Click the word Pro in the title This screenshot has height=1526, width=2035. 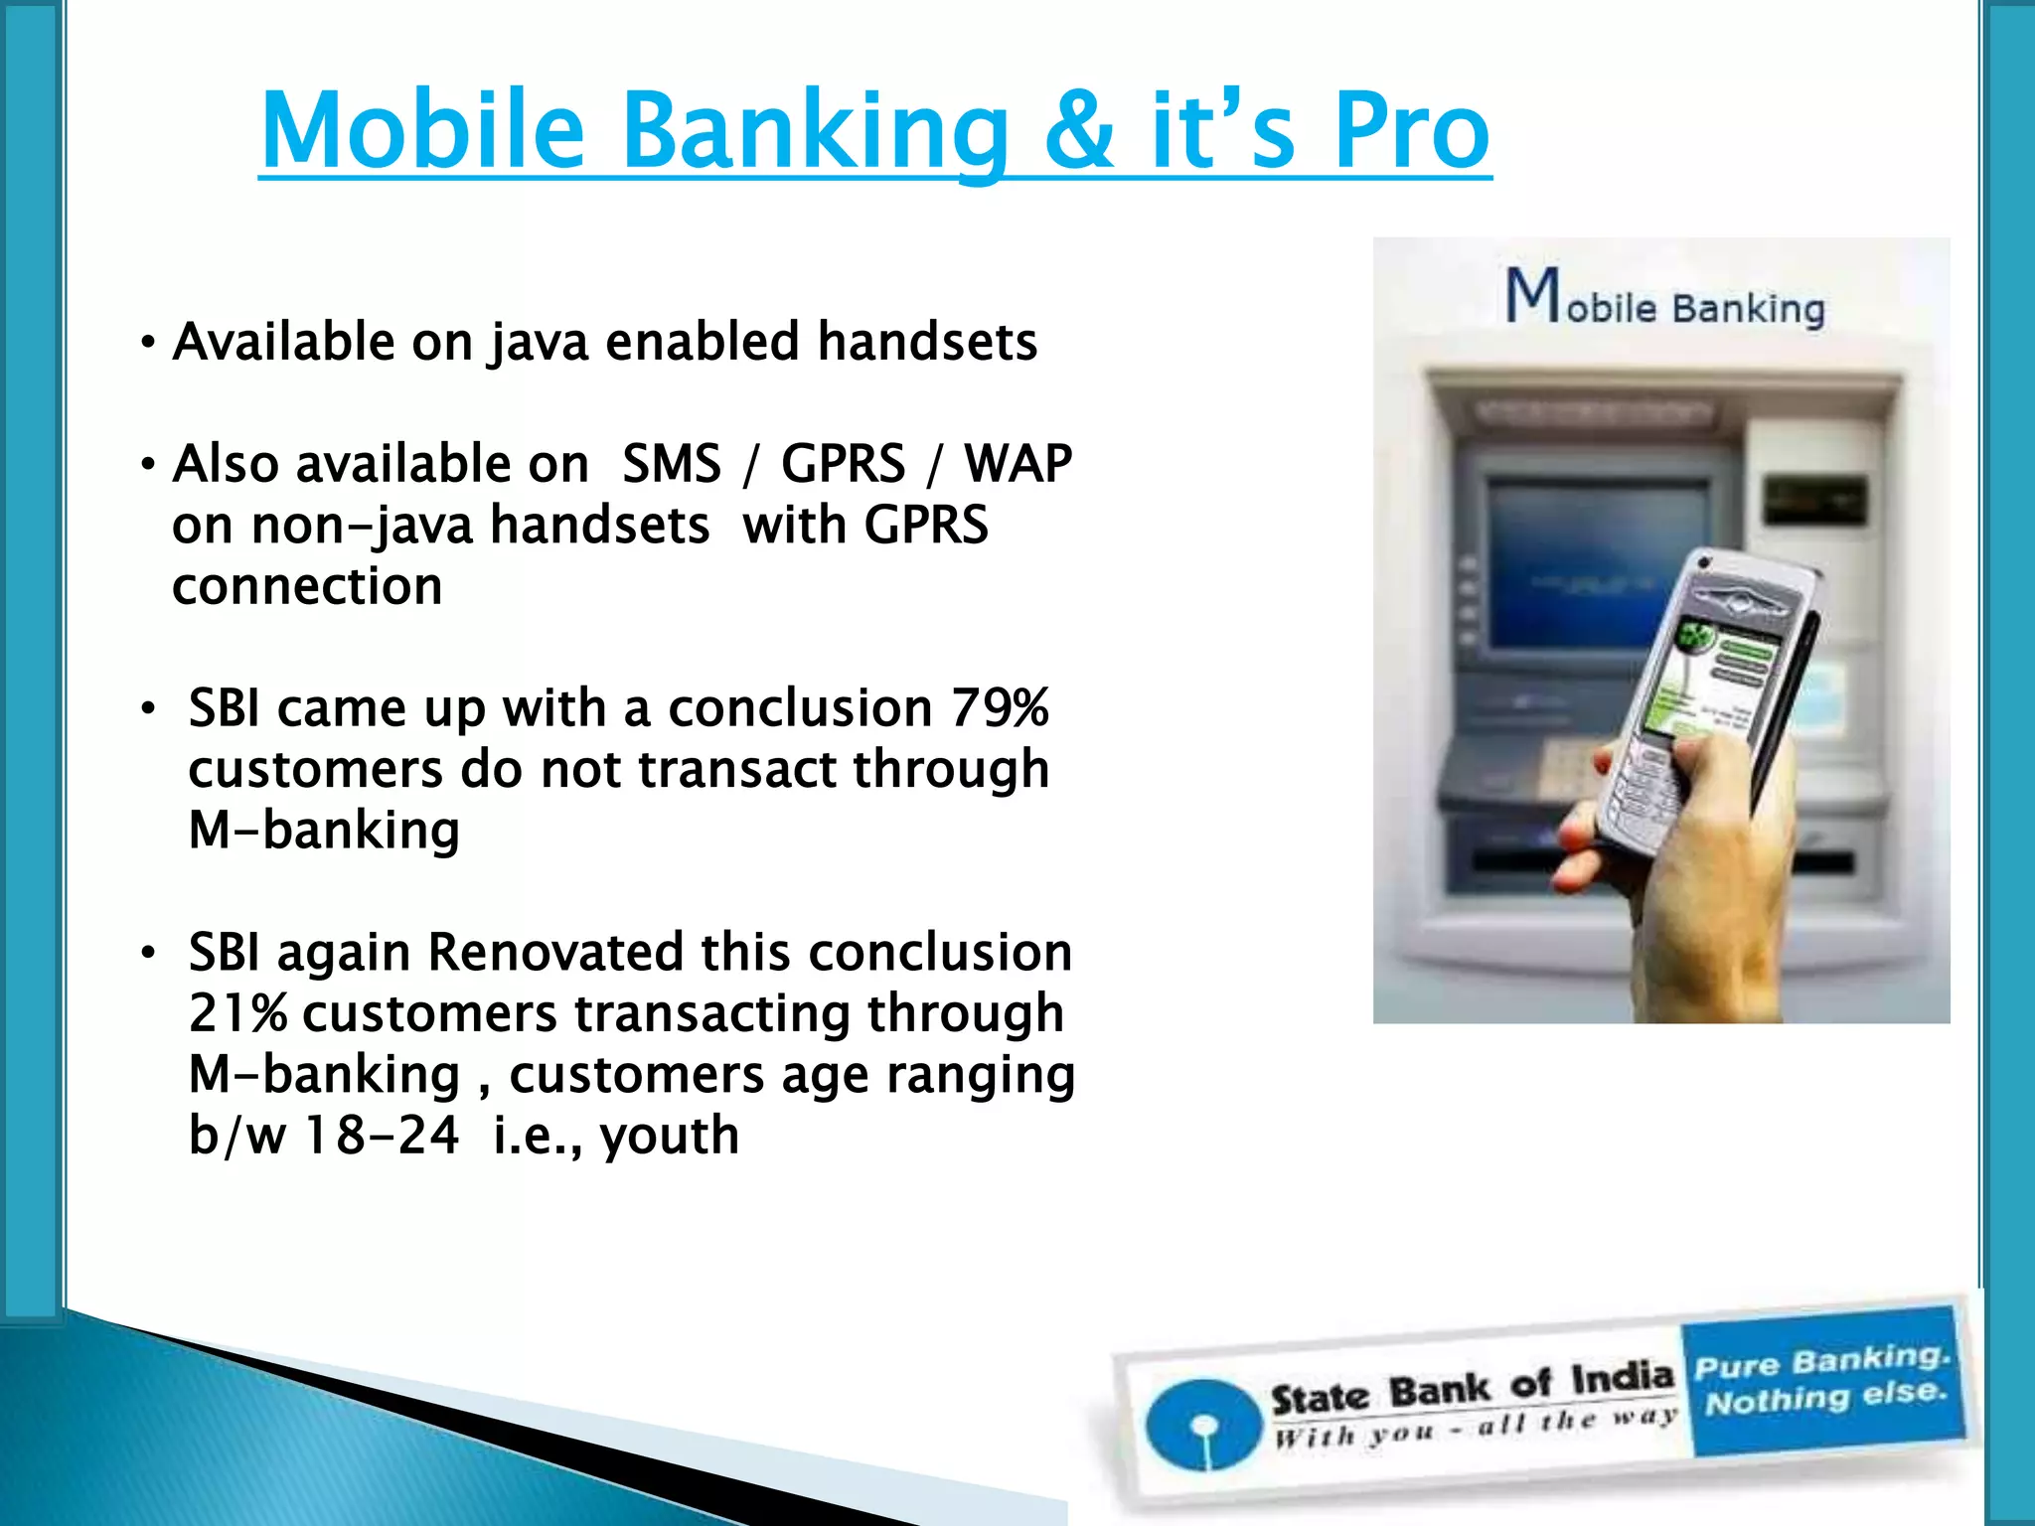pos(1411,130)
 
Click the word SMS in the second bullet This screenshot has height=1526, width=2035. pos(672,464)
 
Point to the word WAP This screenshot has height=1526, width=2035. pos(1018,464)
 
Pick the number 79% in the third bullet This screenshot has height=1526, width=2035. pos(1000,708)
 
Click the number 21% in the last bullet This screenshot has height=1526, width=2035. pos(237,1014)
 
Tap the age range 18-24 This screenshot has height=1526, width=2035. pos(382,1136)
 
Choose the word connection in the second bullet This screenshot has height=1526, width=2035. pos(307,586)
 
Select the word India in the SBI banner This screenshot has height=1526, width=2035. pos(1623,1378)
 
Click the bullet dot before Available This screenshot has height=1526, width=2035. pos(148,344)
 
